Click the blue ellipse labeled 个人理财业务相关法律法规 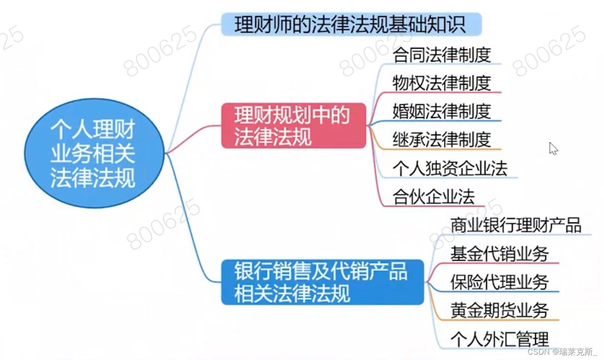pyautogui.click(x=93, y=153)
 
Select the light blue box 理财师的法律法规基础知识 pyautogui.click(x=351, y=24)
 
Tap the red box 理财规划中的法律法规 pyautogui.click(x=293, y=126)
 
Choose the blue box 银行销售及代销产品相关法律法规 pyautogui.click(x=322, y=282)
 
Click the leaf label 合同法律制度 pyautogui.click(x=441, y=55)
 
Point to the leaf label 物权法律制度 pyautogui.click(x=441, y=83)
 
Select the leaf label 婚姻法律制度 pyautogui.click(x=441, y=111)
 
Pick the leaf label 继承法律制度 pyautogui.click(x=441, y=139)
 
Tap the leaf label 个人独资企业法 pyautogui.click(x=449, y=169)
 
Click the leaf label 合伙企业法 pyautogui.click(x=433, y=197)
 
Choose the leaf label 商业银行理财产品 pyautogui.click(x=515, y=225)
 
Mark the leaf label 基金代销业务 pyautogui.click(x=499, y=254)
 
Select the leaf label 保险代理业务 pyautogui.click(x=499, y=282)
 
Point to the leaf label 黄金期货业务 pyautogui.click(x=499, y=310)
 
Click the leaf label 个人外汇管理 pyautogui.click(x=499, y=339)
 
